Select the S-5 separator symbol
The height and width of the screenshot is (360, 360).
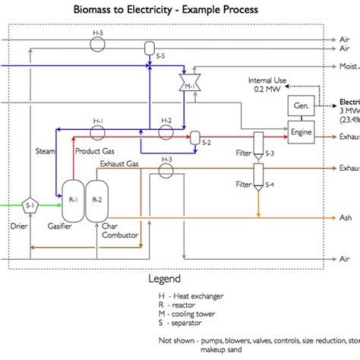[x=149, y=49]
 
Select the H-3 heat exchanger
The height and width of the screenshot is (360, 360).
[x=166, y=169]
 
